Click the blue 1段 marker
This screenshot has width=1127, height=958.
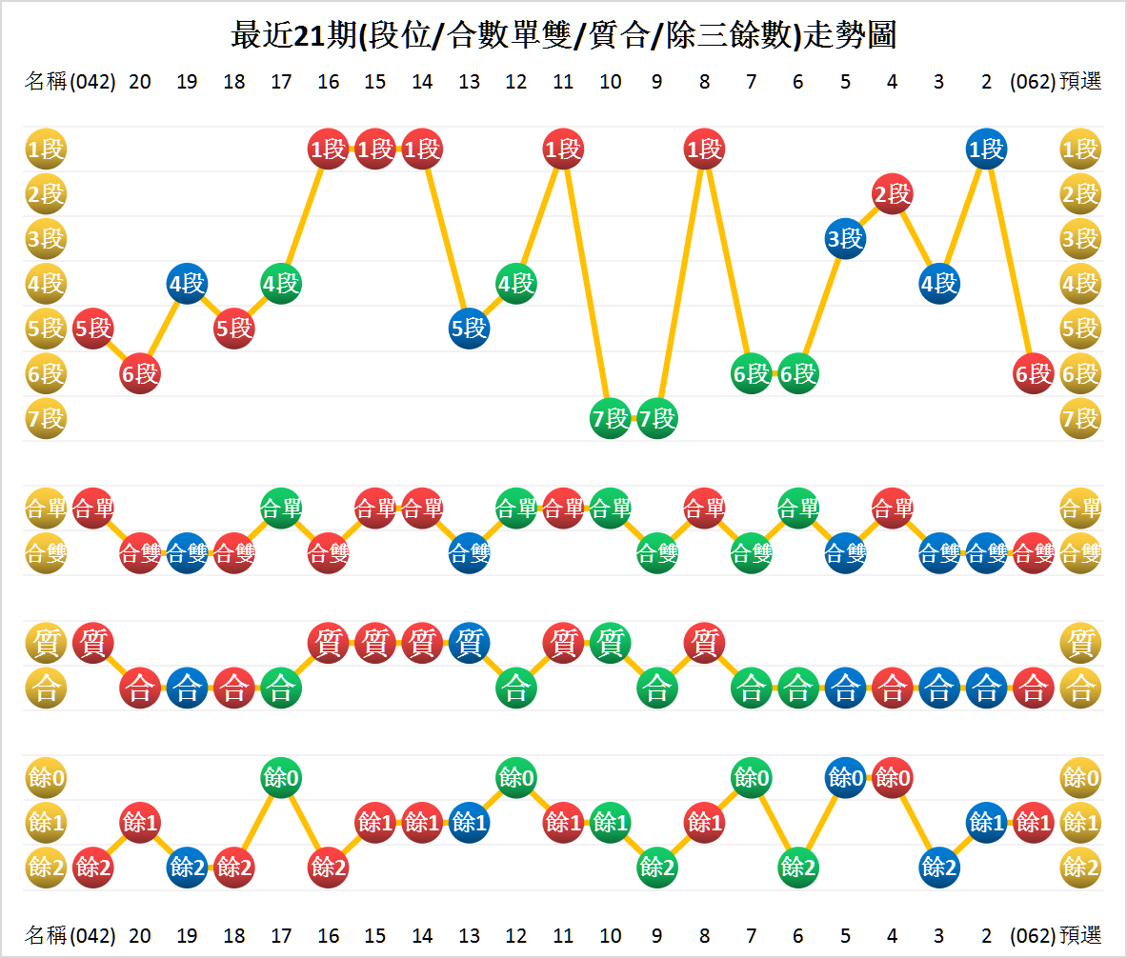(x=986, y=149)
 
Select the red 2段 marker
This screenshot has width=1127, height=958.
(x=892, y=194)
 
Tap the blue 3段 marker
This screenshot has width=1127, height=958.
(x=845, y=238)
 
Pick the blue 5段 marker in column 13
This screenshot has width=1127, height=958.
(x=469, y=328)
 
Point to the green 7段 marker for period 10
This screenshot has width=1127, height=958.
(x=610, y=418)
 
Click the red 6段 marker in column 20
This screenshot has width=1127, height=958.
(x=140, y=373)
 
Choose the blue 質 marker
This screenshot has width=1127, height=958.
(x=469, y=643)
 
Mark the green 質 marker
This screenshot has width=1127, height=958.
(x=610, y=643)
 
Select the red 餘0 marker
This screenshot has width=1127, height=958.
(x=892, y=777)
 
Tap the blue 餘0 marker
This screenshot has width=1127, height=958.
(x=845, y=777)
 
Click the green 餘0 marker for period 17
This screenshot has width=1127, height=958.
(x=281, y=777)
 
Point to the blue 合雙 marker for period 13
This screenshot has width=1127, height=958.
(x=469, y=552)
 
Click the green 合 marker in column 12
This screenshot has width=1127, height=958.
(x=515, y=688)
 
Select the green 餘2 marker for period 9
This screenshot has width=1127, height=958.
(x=656, y=867)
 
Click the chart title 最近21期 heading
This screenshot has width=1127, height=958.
(x=563, y=35)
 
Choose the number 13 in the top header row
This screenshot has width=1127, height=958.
(x=469, y=82)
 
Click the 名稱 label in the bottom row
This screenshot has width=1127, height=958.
(x=46, y=934)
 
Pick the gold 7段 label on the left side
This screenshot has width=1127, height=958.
(x=45, y=418)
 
